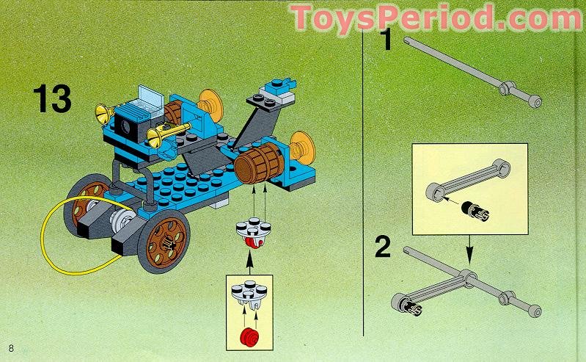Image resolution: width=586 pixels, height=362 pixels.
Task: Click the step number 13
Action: pos(51,99)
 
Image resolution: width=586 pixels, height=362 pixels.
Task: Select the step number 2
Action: pos(383,247)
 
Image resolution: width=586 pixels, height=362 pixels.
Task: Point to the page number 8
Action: pos(10,346)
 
